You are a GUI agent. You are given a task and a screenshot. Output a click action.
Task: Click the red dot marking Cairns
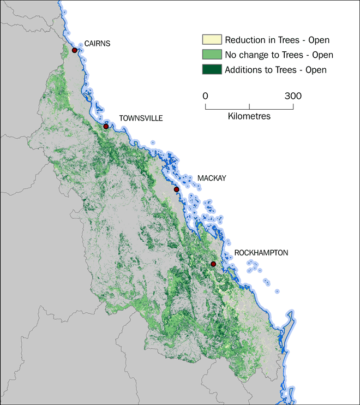[x=75, y=50]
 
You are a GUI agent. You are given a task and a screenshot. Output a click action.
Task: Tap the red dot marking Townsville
[x=106, y=127]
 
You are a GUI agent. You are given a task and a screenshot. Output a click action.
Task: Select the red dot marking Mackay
[x=176, y=189]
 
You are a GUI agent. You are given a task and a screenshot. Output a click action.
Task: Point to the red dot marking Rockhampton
[x=213, y=264]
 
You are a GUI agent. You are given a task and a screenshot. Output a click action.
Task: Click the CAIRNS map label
[x=97, y=44]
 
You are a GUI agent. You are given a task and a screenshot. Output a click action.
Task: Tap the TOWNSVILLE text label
[x=141, y=118]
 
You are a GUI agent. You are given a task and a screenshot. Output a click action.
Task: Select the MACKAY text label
[x=212, y=178]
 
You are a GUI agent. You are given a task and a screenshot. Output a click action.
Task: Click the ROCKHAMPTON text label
[x=261, y=253]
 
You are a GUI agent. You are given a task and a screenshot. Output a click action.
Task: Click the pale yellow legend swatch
[x=212, y=40]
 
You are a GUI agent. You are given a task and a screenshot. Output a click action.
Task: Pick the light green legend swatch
[x=212, y=55]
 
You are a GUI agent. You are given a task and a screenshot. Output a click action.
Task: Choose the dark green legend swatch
[x=212, y=69]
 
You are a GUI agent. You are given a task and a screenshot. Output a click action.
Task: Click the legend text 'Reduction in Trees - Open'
[x=277, y=40]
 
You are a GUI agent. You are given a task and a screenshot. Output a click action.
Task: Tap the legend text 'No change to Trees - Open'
[x=279, y=55]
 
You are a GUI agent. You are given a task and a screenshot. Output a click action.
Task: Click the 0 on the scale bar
[x=206, y=96]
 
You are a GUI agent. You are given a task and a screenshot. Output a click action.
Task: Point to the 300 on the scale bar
[x=293, y=96]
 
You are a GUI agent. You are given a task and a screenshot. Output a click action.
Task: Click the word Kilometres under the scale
[x=249, y=116]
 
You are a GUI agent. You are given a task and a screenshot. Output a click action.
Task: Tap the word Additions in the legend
[x=244, y=69]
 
